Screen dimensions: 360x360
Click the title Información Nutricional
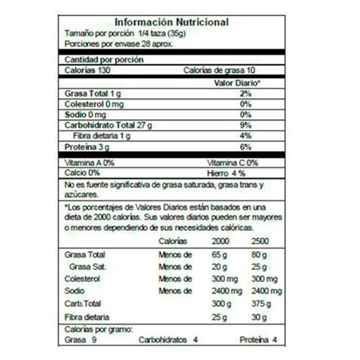point(179,24)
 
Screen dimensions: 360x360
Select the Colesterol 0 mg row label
point(94,103)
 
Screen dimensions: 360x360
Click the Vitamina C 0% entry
point(232,163)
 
